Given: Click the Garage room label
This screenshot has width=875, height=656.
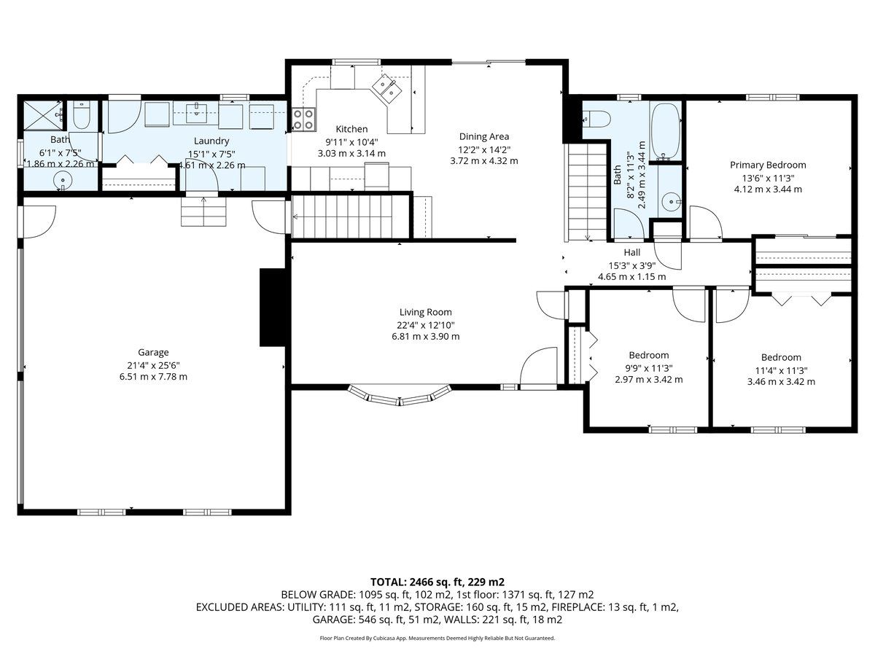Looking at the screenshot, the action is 153,353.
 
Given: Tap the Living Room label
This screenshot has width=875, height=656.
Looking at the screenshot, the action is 425,312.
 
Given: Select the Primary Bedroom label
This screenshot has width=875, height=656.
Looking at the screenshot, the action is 768,165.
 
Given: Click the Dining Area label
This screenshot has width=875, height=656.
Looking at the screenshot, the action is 484,136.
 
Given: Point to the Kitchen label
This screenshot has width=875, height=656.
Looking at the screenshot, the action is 351,129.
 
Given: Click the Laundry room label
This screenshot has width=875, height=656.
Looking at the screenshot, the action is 211,141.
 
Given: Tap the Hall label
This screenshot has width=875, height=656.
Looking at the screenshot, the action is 632,252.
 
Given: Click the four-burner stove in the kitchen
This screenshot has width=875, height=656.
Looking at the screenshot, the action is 304,120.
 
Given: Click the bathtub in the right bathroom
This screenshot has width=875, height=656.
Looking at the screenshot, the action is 665,131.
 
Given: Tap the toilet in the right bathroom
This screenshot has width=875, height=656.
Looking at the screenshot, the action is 596,118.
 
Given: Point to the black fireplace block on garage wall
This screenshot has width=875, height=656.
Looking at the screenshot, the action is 273,308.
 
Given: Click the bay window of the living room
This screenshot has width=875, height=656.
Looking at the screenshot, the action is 400,395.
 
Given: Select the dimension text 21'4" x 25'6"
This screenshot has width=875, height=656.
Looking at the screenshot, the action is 153,365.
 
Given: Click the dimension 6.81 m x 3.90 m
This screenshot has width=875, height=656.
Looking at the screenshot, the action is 426,337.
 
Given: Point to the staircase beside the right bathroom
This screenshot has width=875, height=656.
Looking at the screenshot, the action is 587,192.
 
